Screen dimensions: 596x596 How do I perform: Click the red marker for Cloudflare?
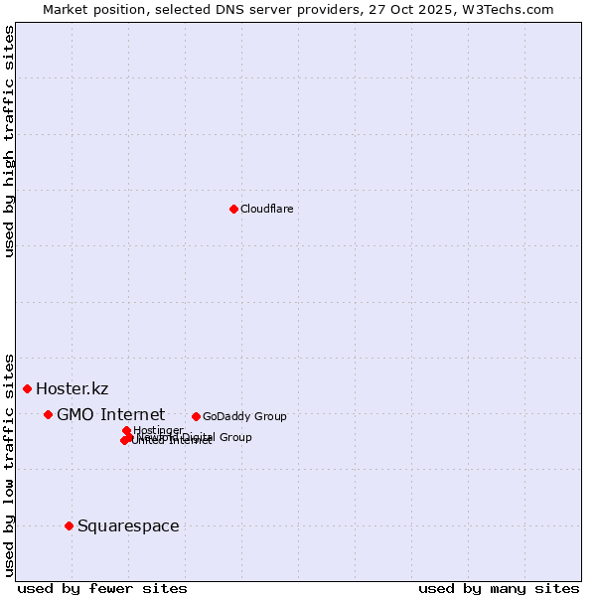(x=233, y=209)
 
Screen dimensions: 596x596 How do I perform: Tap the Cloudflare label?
(x=266, y=209)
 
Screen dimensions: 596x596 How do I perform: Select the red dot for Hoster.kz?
(x=27, y=388)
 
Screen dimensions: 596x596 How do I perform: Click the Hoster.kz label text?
(x=72, y=388)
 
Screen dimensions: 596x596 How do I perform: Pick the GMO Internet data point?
(x=48, y=414)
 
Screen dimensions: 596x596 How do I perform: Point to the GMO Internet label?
(x=110, y=414)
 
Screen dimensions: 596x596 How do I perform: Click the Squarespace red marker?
(x=69, y=525)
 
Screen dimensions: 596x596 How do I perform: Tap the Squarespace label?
(x=128, y=525)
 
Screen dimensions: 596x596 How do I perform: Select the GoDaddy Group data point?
(x=196, y=416)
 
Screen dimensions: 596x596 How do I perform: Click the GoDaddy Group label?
(x=244, y=416)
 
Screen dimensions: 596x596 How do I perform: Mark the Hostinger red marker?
(x=126, y=430)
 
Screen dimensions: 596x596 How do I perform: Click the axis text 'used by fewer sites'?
(x=102, y=588)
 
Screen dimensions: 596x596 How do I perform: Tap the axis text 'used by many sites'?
(x=499, y=588)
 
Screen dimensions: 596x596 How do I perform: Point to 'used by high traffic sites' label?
(x=10, y=142)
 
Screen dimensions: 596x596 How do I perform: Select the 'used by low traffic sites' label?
(x=10, y=465)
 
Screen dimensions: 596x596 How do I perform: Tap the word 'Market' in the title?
(x=65, y=9)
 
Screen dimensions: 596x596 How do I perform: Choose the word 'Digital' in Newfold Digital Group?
(x=199, y=437)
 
